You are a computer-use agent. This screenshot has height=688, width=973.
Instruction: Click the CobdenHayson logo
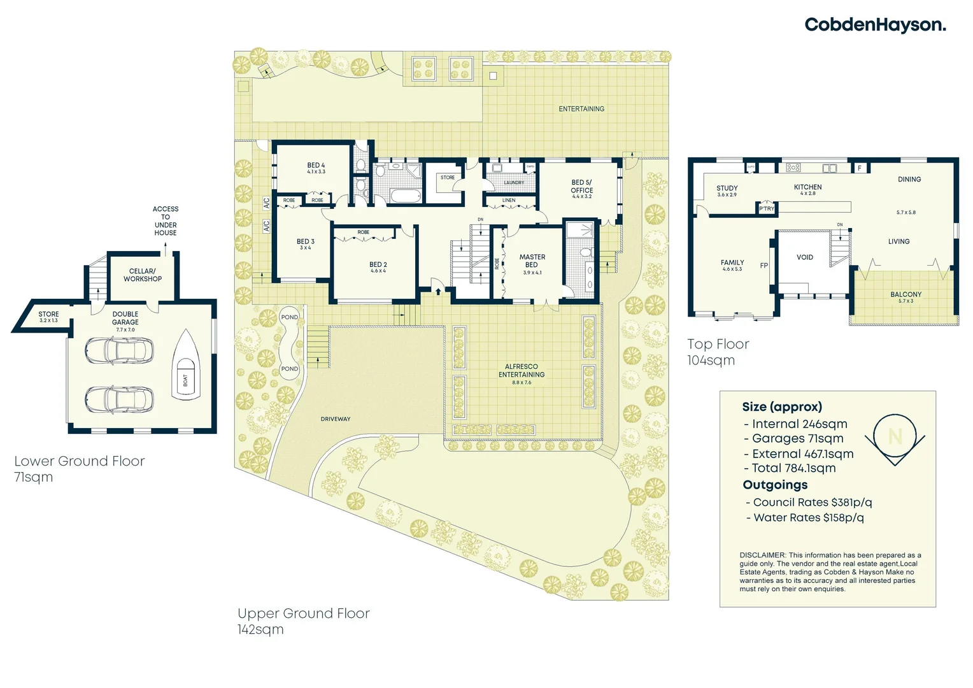[875, 25]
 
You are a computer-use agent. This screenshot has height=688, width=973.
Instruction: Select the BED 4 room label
[316, 166]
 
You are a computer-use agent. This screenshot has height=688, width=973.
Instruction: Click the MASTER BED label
[532, 261]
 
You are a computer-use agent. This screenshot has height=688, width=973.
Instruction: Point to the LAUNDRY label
[514, 183]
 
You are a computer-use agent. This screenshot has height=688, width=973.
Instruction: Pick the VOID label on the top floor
[805, 257]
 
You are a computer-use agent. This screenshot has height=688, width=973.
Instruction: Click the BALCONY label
[906, 294]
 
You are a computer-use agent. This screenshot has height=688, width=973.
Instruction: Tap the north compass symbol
[895, 436]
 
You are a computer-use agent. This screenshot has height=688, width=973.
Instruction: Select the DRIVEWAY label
[336, 419]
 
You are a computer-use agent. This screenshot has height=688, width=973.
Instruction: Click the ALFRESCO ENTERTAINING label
[522, 371]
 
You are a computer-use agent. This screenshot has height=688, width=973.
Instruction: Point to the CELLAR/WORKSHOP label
[143, 275]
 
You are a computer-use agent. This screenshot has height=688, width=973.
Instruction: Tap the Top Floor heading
[718, 344]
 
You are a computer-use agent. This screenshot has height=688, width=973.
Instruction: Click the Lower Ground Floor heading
[80, 461]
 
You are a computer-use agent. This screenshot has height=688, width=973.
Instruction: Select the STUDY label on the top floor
[727, 189]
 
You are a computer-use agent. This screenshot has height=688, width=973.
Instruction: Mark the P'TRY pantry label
[767, 209]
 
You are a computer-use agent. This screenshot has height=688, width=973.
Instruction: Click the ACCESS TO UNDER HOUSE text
[166, 221]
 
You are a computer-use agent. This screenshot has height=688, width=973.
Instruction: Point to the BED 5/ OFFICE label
[581, 186]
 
